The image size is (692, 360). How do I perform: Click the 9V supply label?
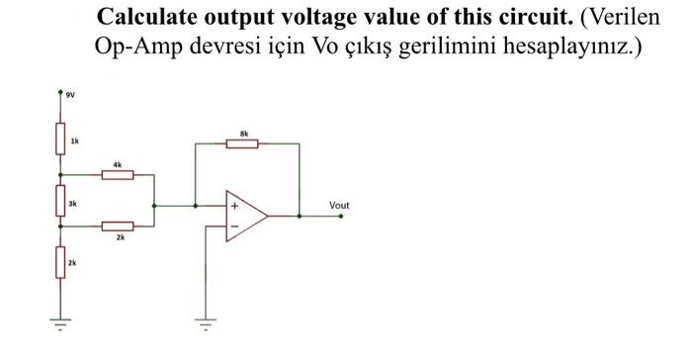coord(69,97)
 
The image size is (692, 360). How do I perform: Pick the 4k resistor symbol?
coord(118,174)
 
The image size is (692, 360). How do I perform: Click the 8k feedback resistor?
coord(243,143)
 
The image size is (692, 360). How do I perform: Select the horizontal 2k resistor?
coord(118,226)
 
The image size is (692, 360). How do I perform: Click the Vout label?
coord(339,206)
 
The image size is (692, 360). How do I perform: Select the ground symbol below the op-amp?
coord(205,321)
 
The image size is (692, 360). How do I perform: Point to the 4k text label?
coord(118,163)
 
